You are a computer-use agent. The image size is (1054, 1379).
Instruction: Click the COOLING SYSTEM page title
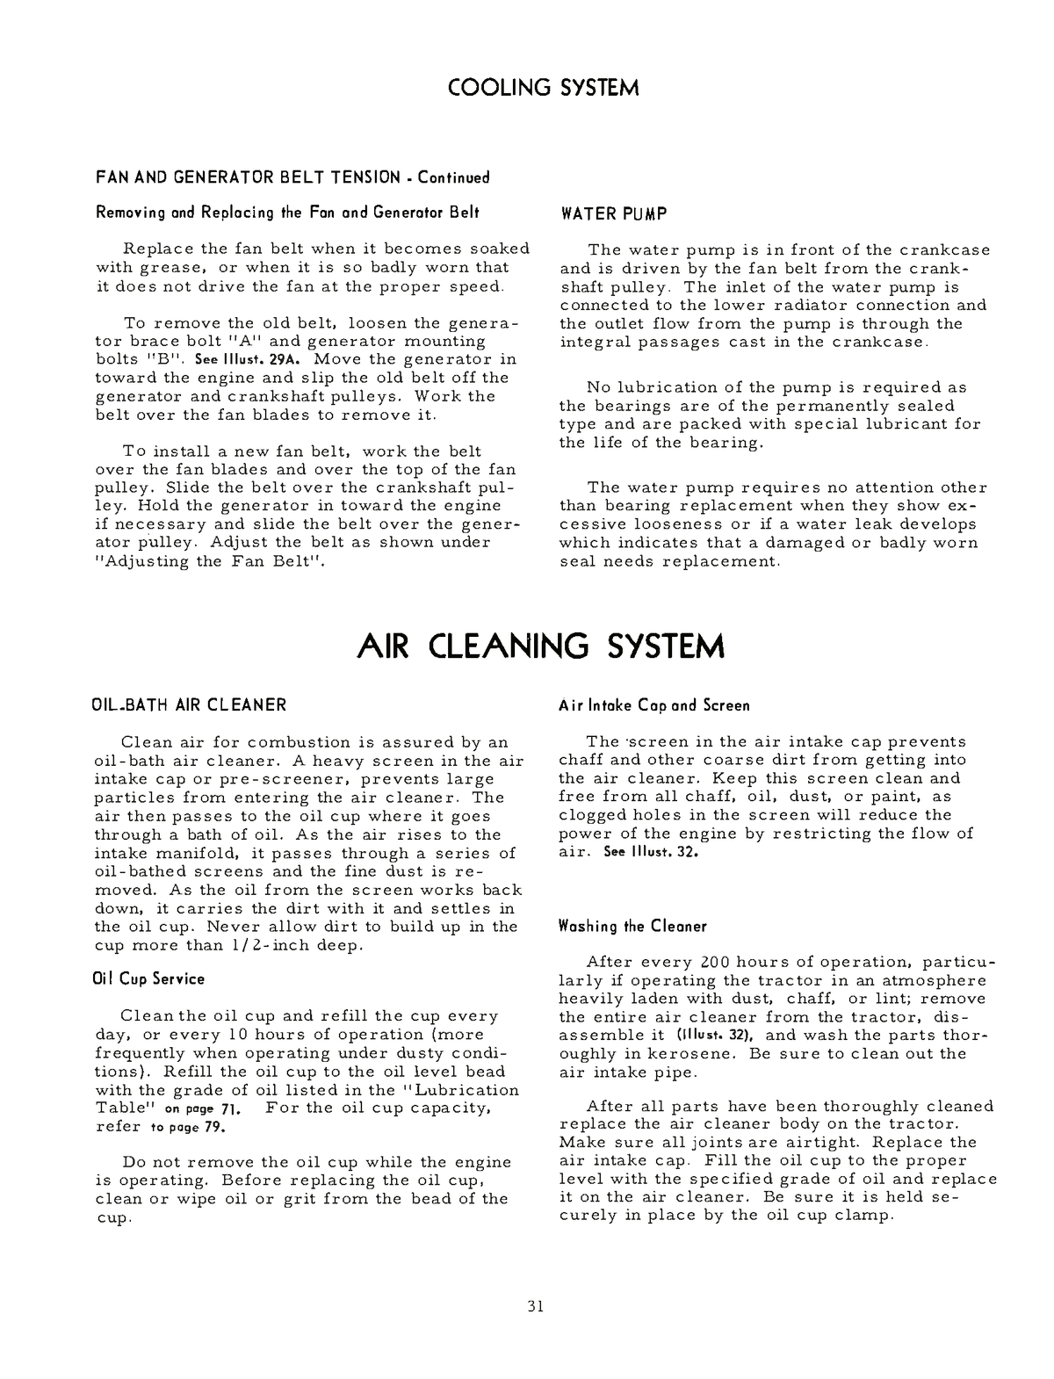tap(543, 89)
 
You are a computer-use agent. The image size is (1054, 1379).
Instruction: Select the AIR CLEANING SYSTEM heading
tap(542, 646)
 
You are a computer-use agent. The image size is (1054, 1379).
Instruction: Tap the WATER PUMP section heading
tap(613, 214)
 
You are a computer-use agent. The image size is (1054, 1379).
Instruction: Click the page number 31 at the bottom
tap(536, 1306)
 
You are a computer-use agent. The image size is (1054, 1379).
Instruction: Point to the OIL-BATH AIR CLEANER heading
tap(190, 704)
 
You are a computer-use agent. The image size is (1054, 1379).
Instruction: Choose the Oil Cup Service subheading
tap(149, 978)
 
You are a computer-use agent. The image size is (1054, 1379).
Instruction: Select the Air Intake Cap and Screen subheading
tap(654, 705)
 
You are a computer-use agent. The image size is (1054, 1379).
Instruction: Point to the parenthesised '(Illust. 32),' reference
tap(719, 1035)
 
